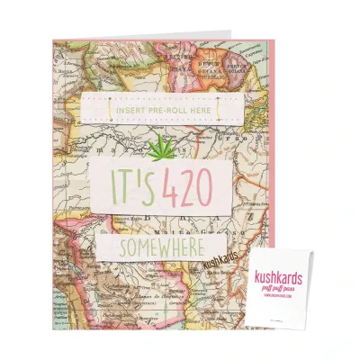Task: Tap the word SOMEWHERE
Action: tap(160, 246)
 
